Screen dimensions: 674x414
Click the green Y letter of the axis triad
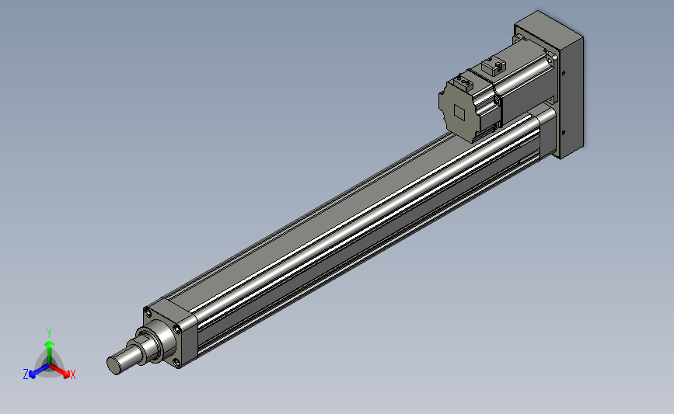point(48,333)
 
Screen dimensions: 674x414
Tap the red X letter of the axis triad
point(72,374)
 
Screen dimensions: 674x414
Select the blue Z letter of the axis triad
point(26,374)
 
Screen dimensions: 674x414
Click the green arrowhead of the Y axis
point(50,345)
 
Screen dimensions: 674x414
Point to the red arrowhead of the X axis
point(66,374)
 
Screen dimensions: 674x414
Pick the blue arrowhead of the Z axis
point(33,374)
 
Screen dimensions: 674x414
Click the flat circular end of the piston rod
point(113,366)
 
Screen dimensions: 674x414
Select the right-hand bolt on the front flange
point(176,329)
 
